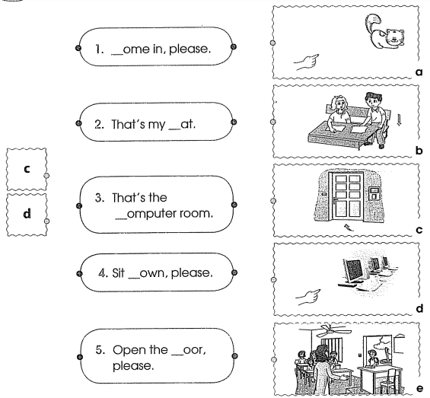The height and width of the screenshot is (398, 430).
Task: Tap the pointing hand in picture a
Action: tap(307, 62)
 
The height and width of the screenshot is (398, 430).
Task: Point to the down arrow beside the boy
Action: tap(400, 119)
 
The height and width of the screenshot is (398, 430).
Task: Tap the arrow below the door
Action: tap(349, 227)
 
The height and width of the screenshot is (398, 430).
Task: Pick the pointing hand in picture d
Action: tap(308, 297)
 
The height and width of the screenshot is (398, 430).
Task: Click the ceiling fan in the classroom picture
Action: tap(331, 330)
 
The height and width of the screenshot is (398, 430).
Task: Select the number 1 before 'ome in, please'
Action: tap(99, 49)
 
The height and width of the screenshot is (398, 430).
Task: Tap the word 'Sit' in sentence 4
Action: tap(118, 273)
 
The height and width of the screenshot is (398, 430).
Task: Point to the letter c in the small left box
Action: tap(27, 169)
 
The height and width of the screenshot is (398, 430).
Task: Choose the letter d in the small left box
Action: tap(27, 213)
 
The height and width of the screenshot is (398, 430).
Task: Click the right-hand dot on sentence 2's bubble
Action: tap(234, 122)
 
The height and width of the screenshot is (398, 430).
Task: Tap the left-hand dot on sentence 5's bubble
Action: tap(80, 357)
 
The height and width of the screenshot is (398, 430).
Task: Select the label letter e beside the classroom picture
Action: tap(420, 388)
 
